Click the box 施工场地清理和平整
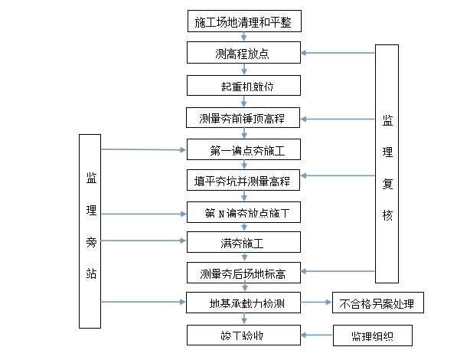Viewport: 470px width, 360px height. pos(243,21)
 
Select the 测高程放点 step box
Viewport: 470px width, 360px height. pos(243,54)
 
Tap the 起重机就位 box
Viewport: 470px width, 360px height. pos(243,86)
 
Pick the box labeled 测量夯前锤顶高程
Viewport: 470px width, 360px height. pos(243,119)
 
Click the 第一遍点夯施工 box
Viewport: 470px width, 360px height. pos(243,149)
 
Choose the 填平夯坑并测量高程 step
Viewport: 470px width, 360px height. pos(243,182)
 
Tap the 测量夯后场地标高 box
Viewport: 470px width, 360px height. pos(243,272)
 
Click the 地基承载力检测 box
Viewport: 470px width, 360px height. pos(243,303)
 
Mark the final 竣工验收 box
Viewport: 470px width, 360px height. pos(243,335)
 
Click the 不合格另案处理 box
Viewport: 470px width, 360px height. pos(377,303)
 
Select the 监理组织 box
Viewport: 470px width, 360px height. pos(371,335)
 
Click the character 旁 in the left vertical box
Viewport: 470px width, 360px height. pos(90,241)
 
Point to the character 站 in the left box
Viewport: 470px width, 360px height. pos(90,273)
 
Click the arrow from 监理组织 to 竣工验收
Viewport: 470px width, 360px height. pos(316,335)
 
